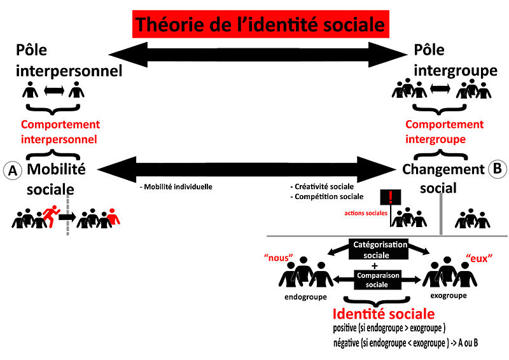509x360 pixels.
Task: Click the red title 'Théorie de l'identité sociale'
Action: pyautogui.click(x=260, y=24)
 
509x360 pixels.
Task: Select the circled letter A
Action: pyautogui.click(x=11, y=170)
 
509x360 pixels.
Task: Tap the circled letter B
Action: pyautogui.click(x=496, y=169)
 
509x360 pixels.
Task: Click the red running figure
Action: pyautogui.click(x=50, y=216)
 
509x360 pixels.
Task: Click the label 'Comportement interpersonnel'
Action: pyautogui.click(x=60, y=132)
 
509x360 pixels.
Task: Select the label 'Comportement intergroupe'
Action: pyautogui.click(x=444, y=132)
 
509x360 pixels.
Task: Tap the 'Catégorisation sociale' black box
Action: pyautogui.click(x=373, y=249)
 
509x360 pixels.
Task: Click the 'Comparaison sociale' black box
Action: pyautogui.click(x=373, y=280)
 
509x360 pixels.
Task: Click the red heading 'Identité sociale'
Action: pyautogui.click(x=384, y=314)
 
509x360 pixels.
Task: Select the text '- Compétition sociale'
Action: pyautogui.click(x=327, y=197)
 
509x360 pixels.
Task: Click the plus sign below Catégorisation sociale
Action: pyautogui.click(x=374, y=265)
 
